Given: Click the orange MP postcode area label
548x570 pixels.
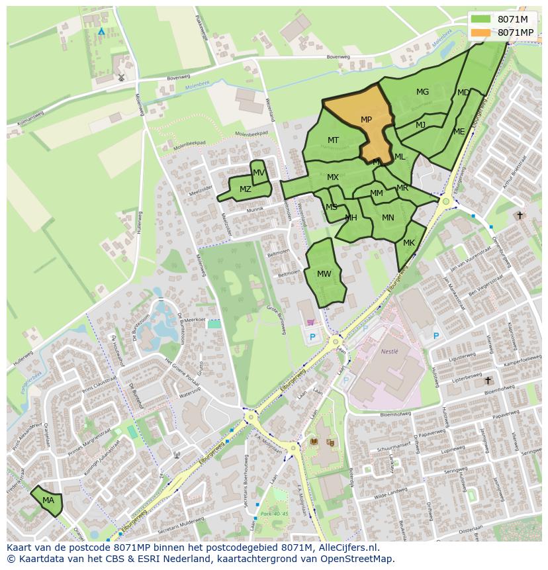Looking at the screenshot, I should tap(366, 120).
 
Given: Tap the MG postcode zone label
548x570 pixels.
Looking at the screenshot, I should tap(422, 92).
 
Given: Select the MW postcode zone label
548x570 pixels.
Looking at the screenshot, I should tap(324, 274).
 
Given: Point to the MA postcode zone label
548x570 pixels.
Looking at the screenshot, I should tap(48, 500).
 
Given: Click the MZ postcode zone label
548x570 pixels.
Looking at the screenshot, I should tap(245, 189).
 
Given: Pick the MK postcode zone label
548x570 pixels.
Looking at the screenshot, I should tap(409, 243).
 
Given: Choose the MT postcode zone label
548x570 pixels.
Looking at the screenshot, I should tap(333, 140).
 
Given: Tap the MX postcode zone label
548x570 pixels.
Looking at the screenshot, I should tap(333, 177).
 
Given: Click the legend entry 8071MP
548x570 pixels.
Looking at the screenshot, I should tap(515, 32).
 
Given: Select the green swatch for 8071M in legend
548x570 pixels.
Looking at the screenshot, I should tap(480, 19).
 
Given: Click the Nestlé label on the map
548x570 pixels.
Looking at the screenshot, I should tap(390, 352).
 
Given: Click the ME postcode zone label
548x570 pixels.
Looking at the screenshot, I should tap(459, 132).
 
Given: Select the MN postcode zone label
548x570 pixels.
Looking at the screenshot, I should tap(388, 218).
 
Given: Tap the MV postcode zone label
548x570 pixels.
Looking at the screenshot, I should tap(259, 173).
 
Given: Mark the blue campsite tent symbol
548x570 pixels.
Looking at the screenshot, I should tap(101, 31).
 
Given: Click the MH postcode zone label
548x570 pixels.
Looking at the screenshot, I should tap(351, 218).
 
